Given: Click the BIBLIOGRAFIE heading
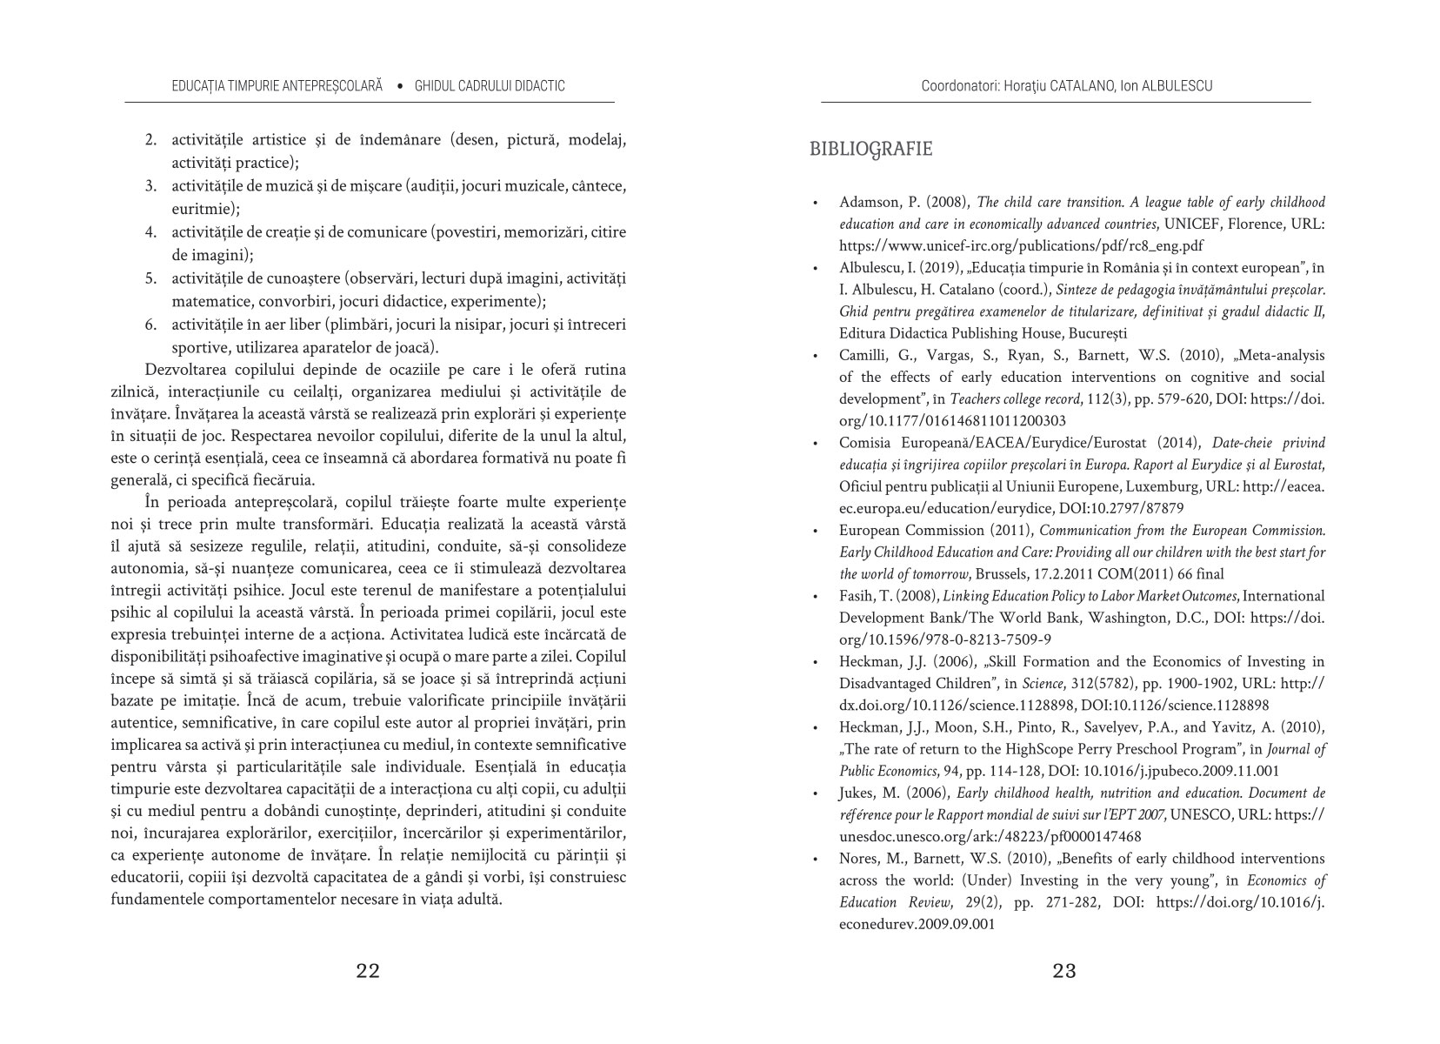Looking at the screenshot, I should pyautogui.click(x=870, y=149).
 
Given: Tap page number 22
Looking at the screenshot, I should pyautogui.click(x=368, y=971).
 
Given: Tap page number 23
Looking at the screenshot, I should pyautogui.click(x=1064, y=971).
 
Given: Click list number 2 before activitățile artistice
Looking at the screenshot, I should pyautogui.click(x=150, y=139).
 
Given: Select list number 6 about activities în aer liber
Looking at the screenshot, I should pyautogui.click(x=150, y=325).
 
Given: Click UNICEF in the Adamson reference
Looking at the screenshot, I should pyautogui.click(x=1192, y=224).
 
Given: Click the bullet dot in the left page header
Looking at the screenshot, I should pyautogui.click(x=399, y=86).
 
